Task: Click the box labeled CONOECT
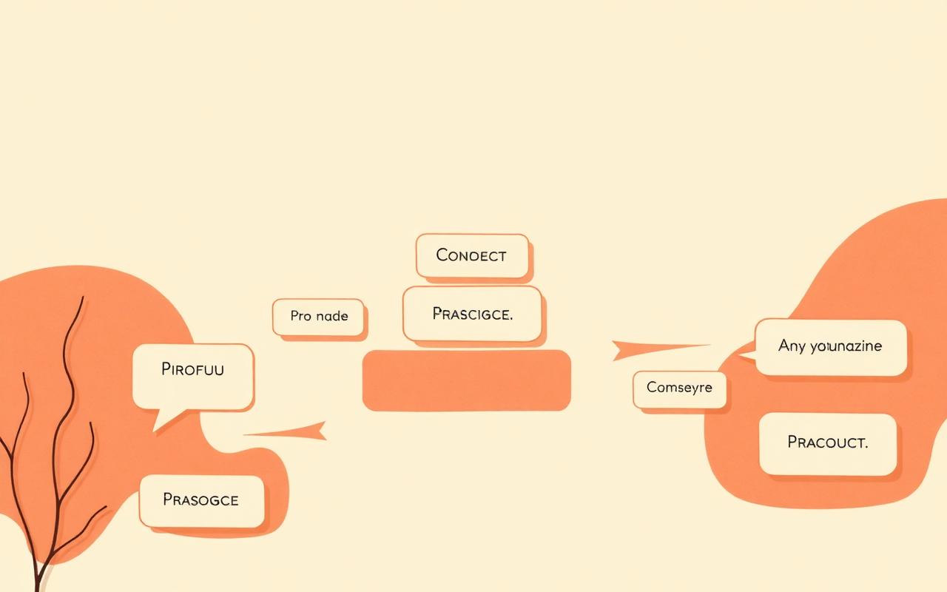[472, 256]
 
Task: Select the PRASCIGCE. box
[472, 314]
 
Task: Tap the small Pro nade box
[318, 317]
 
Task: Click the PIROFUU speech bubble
[193, 377]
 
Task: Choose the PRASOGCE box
[202, 501]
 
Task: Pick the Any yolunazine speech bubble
[824, 347]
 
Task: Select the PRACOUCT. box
[828, 444]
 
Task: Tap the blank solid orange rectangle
[467, 380]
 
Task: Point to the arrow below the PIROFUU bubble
[286, 431]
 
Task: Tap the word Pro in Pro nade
[300, 316]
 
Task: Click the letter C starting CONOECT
[442, 255]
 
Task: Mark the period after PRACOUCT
[866, 448]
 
